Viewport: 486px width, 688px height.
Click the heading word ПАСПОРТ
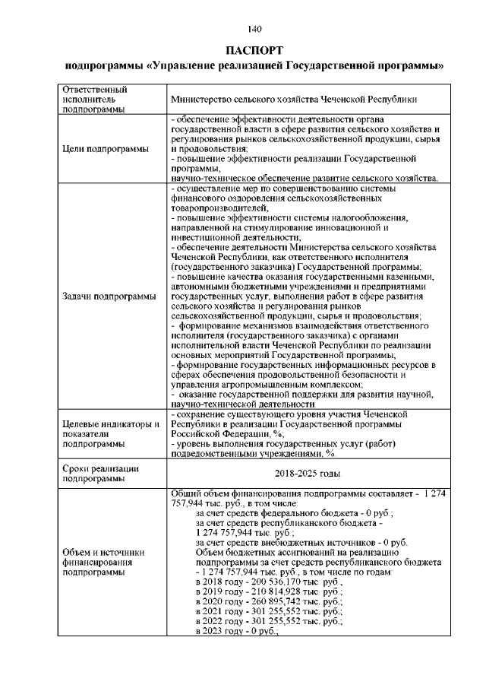tap(254, 50)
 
